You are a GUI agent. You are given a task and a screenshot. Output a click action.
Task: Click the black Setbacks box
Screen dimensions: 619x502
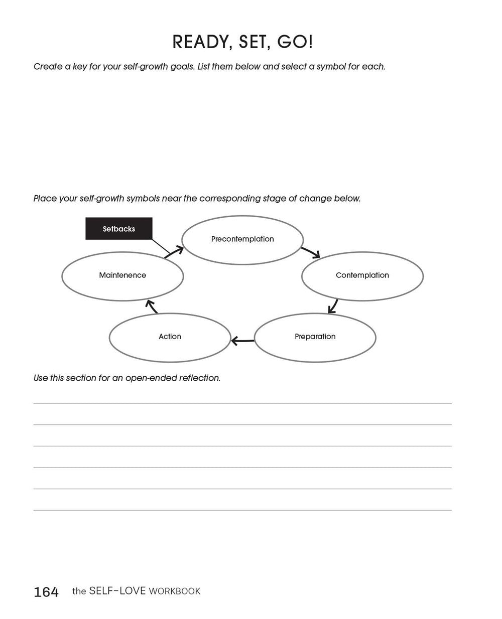119,229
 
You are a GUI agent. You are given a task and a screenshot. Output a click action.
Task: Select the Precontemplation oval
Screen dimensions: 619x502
242,239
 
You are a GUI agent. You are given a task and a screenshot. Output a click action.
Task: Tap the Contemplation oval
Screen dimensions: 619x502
362,275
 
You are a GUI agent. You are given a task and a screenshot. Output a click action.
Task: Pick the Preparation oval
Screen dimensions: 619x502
315,337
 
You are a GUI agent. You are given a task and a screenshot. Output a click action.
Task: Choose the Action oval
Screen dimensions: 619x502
170,337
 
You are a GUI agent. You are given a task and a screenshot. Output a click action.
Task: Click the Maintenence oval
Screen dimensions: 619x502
122,275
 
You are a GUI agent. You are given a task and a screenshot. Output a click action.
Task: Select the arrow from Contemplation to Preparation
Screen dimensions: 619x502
333,306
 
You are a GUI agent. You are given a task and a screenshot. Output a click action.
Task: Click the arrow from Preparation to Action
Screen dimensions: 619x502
242,341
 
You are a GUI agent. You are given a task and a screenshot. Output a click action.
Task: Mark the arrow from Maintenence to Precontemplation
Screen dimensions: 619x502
174,252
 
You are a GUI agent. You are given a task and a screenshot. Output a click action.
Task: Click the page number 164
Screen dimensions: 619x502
46,592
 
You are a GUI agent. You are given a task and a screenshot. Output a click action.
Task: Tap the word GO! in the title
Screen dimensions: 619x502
295,42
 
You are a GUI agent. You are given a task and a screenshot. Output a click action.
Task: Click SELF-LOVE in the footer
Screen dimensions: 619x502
117,591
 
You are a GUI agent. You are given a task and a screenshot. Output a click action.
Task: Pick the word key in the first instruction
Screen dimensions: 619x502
80,67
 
